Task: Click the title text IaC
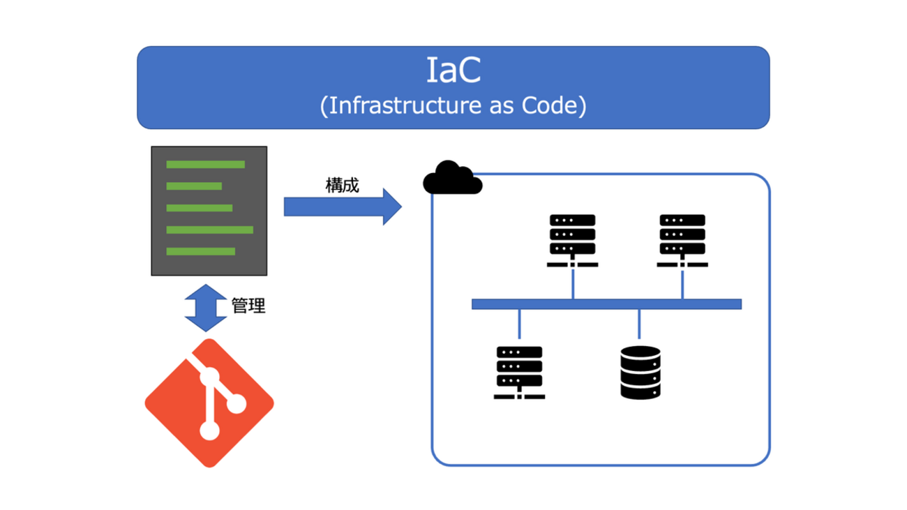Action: (x=453, y=70)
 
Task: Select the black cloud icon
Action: (x=453, y=178)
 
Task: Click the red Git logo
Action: (x=209, y=403)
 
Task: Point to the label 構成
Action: (x=342, y=186)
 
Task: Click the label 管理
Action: (x=248, y=306)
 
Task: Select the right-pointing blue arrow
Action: (x=343, y=207)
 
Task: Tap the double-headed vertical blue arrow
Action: (x=206, y=308)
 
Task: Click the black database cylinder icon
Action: (x=640, y=373)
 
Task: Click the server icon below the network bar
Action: (x=519, y=373)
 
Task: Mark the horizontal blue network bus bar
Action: (x=606, y=303)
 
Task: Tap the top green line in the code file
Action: (x=205, y=165)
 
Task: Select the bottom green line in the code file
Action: (x=200, y=251)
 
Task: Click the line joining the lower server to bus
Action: (x=519, y=327)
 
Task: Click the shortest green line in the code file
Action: (x=194, y=186)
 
